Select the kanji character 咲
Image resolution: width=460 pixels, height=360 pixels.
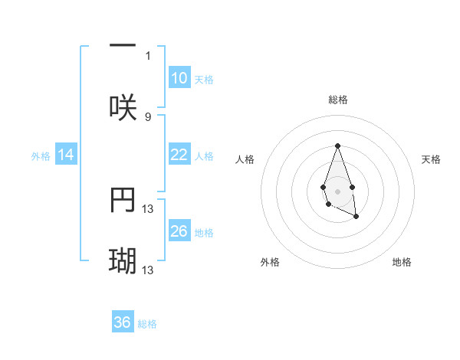(123, 107)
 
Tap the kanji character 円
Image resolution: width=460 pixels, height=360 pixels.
(123, 200)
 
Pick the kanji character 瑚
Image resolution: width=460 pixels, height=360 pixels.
(123, 261)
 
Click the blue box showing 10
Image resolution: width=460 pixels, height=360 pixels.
(179, 78)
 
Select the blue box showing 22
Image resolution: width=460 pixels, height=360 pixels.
(179, 155)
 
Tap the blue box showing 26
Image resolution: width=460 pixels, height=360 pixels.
(179, 231)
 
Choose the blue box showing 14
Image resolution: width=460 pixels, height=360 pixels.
(66, 155)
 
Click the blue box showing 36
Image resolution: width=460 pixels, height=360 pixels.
(123, 322)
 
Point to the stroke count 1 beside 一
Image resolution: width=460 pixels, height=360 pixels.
(149, 55)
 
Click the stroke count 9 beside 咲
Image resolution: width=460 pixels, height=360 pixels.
(148, 116)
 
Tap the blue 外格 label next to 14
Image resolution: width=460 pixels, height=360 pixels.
(41, 155)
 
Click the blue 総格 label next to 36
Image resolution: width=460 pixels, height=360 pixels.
(147, 324)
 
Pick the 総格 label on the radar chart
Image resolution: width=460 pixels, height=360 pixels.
(337, 100)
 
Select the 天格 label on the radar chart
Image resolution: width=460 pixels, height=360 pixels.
(431, 159)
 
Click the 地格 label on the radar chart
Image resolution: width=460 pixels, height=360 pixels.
(402, 262)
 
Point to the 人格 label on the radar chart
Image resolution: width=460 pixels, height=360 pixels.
(245, 159)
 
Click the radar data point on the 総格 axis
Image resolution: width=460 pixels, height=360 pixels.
(337, 146)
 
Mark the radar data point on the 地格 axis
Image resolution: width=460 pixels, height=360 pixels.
(356, 217)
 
